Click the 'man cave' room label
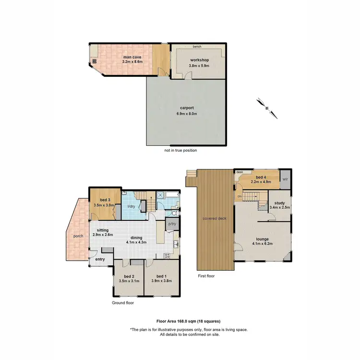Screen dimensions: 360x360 coord(132,57)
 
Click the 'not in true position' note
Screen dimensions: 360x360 coord(180,150)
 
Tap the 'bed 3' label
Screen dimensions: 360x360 coord(106,200)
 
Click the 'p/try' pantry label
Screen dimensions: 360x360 coord(171,224)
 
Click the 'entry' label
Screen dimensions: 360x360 coord(100,259)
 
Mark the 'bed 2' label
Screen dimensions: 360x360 coord(129,276)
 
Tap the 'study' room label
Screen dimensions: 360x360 coord(279,203)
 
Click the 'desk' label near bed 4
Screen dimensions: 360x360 coord(240,171)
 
